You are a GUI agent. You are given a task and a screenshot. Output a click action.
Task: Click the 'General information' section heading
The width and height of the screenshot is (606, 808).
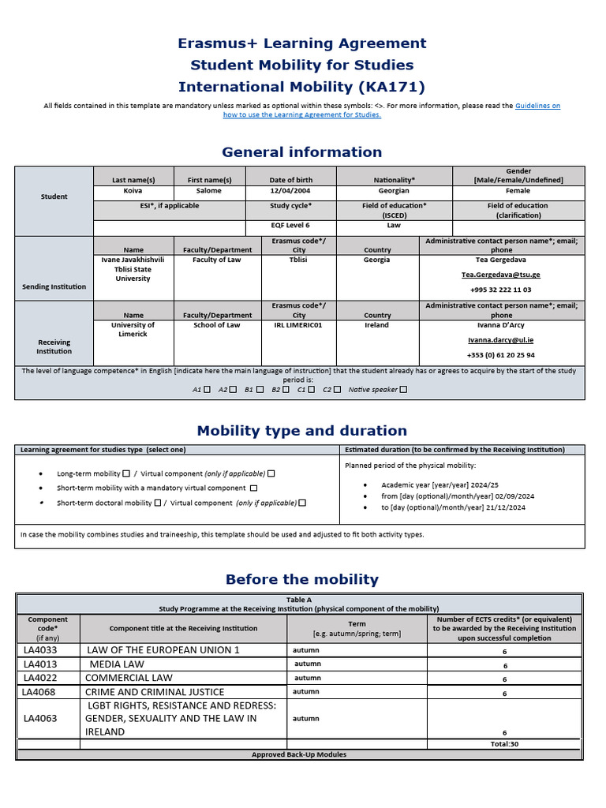click(301, 152)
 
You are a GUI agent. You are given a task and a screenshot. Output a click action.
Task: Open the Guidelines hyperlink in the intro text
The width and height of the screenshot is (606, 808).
click(537, 105)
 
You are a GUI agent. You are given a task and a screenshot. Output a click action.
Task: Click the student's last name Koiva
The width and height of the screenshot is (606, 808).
click(133, 191)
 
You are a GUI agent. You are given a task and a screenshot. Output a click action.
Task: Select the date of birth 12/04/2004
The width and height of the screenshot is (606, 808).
click(290, 191)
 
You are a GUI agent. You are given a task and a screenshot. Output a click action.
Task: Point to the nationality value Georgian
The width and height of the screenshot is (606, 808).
click(394, 191)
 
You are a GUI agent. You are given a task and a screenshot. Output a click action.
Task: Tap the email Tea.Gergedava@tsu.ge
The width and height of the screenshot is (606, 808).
click(501, 275)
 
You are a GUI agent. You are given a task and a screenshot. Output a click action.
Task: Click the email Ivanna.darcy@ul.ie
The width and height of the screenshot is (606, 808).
click(501, 341)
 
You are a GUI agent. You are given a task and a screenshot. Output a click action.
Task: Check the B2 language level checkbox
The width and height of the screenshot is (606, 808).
click(286, 389)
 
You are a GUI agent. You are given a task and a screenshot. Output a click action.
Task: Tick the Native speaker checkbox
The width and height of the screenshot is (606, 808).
click(403, 389)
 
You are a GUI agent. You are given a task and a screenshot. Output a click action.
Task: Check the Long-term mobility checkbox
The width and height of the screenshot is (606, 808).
click(126, 473)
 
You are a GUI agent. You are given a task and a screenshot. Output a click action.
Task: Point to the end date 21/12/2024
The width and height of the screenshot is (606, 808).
click(506, 508)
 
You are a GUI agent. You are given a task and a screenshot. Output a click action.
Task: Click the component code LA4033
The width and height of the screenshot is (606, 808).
click(40, 650)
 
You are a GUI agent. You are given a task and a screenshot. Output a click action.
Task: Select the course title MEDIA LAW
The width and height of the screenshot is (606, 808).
click(117, 664)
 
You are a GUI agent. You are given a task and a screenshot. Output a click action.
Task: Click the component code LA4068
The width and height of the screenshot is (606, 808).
click(40, 692)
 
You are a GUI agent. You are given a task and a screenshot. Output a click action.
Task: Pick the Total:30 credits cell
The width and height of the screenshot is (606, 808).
click(504, 744)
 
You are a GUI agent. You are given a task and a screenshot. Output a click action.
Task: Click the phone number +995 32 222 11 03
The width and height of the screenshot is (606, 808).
click(501, 290)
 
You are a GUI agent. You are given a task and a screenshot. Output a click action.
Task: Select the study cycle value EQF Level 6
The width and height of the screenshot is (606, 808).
click(290, 226)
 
